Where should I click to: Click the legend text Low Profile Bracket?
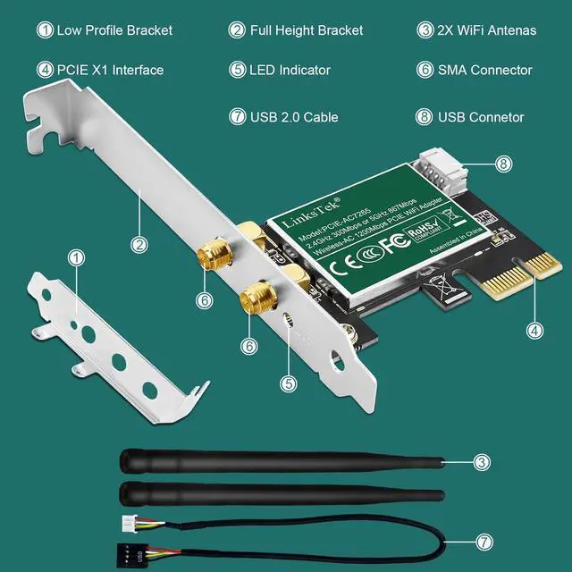pyautogui.click(x=114, y=30)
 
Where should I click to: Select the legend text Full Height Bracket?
pyautogui.click(x=307, y=30)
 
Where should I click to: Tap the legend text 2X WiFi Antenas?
pyautogui.click(x=487, y=30)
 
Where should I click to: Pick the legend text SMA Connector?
pyautogui.click(x=485, y=70)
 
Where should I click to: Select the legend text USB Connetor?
pyautogui.click(x=481, y=117)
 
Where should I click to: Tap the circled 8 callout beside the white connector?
pyautogui.click(x=503, y=164)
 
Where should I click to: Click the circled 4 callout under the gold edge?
pyautogui.click(x=534, y=330)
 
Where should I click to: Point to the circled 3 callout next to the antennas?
pyautogui.click(x=482, y=462)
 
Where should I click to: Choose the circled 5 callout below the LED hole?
pyautogui.click(x=287, y=383)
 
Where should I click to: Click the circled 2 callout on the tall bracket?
pyautogui.click(x=139, y=242)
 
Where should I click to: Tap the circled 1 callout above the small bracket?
pyautogui.click(x=77, y=257)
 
